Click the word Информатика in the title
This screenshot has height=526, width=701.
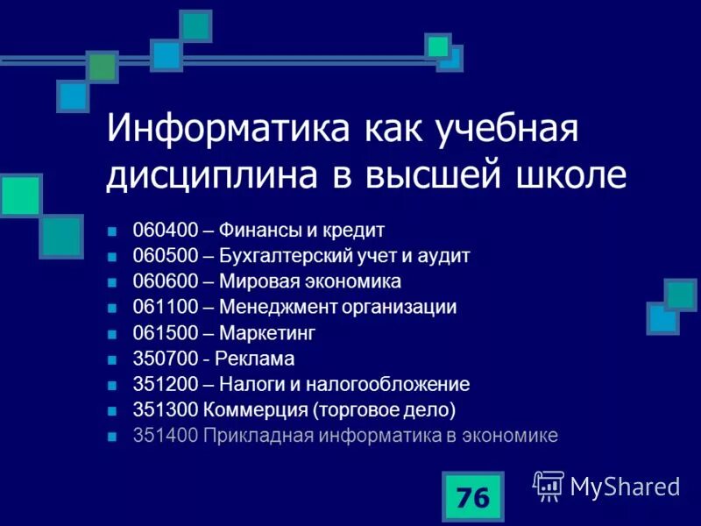pyautogui.click(x=224, y=131)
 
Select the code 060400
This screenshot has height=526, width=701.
pyautogui.click(x=164, y=231)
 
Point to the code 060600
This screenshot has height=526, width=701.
pyautogui.click(x=164, y=281)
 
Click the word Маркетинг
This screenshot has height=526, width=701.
pyautogui.click(x=266, y=333)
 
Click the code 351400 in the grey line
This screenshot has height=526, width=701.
pyautogui.click(x=164, y=435)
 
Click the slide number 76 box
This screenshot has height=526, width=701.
pyautogui.click(x=472, y=497)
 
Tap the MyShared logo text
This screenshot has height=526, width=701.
pyautogui.click(x=625, y=487)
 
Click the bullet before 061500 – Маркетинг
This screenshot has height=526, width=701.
pyautogui.click(x=111, y=334)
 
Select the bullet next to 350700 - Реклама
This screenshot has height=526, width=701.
pyautogui.click(x=111, y=359)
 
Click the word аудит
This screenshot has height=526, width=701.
pyautogui.click(x=446, y=256)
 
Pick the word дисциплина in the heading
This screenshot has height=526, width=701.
pyautogui.click(x=216, y=175)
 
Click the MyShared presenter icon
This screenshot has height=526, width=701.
pyautogui.click(x=549, y=485)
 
